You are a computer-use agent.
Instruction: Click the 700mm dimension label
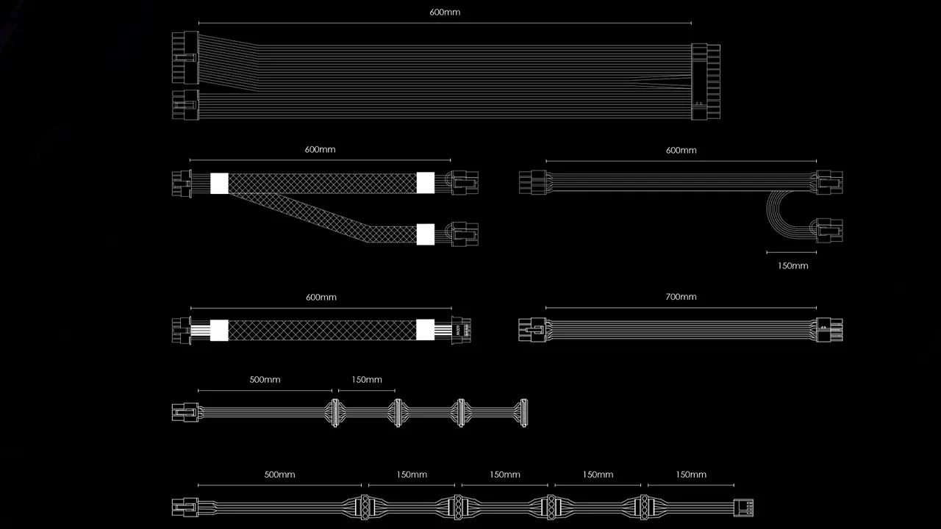coord(681,297)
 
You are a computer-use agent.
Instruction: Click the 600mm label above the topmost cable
coord(445,12)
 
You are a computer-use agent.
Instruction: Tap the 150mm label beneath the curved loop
coord(792,266)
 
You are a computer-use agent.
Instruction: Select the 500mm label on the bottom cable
coord(279,475)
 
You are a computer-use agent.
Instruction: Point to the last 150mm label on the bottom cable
coord(691,475)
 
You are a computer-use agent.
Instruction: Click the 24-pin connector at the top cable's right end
coord(706,82)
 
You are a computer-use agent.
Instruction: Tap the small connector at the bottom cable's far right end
coord(743,507)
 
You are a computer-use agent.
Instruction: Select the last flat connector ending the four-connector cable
coord(523,413)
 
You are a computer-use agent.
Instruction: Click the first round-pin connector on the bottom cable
coord(365,507)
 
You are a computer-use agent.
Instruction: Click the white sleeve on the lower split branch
coord(425,234)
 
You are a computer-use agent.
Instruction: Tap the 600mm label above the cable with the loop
coord(681,151)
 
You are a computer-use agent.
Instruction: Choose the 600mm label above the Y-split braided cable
coord(320,149)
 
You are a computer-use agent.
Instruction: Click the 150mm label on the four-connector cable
coord(367,380)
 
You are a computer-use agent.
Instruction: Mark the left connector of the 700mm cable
coord(532,330)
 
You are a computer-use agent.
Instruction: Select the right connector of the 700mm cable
coord(829,330)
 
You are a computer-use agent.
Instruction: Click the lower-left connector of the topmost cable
coord(185,104)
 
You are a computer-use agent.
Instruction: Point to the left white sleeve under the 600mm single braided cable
coord(219,330)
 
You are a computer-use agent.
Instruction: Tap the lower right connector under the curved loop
coord(829,231)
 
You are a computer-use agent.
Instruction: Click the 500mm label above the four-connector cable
coord(265,380)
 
